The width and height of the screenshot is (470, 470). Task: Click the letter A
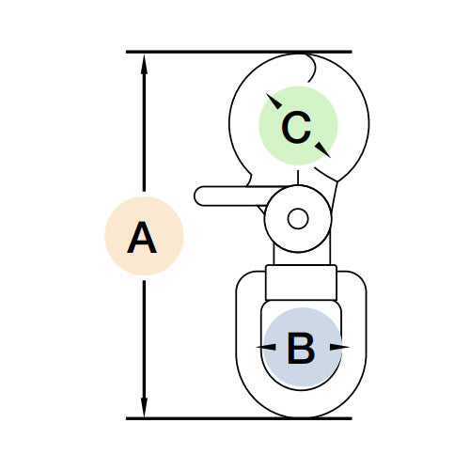tap(142, 237)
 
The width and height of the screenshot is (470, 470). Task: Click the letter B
tap(301, 349)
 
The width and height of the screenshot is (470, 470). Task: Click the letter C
tap(296, 127)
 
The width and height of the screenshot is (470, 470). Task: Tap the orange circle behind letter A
tap(144, 236)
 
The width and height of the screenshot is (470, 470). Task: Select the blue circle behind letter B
tap(302, 348)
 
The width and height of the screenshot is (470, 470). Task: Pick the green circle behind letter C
tap(298, 126)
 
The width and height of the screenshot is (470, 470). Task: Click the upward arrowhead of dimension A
tap(144, 64)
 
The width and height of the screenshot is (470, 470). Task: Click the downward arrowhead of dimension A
tap(144, 406)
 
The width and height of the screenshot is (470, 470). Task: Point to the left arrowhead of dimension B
tap(266, 347)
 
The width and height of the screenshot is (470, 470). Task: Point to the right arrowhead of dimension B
tap(339, 347)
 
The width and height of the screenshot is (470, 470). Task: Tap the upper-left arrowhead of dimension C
tap(274, 101)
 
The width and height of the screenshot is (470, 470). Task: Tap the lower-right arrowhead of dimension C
tap(323, 149)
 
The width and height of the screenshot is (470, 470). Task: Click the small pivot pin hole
tap(298, 218)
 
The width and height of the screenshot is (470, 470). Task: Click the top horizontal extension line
tap(239, 52)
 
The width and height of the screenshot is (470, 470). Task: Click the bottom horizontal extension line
tap(239, 418)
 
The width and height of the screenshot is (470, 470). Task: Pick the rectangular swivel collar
tap(301, 283)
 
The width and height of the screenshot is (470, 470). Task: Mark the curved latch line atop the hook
tap(312, 68)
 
